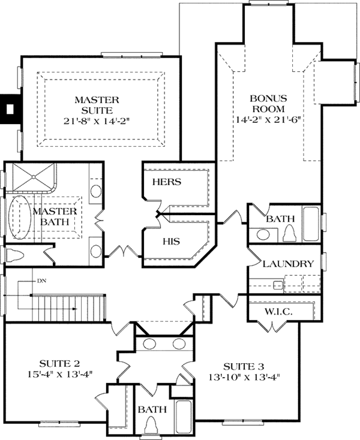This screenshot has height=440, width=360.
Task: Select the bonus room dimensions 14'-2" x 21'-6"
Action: pos(268,119)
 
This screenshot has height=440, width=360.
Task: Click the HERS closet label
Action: pos(167,181)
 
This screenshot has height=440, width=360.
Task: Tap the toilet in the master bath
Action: pos(17,256)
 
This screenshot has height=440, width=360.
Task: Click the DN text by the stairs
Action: pos(41,281)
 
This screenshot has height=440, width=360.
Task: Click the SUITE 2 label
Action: pos(60,363)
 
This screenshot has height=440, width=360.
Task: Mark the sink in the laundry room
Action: pos(278,284)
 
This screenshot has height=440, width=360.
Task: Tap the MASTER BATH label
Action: pos(54,217)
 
